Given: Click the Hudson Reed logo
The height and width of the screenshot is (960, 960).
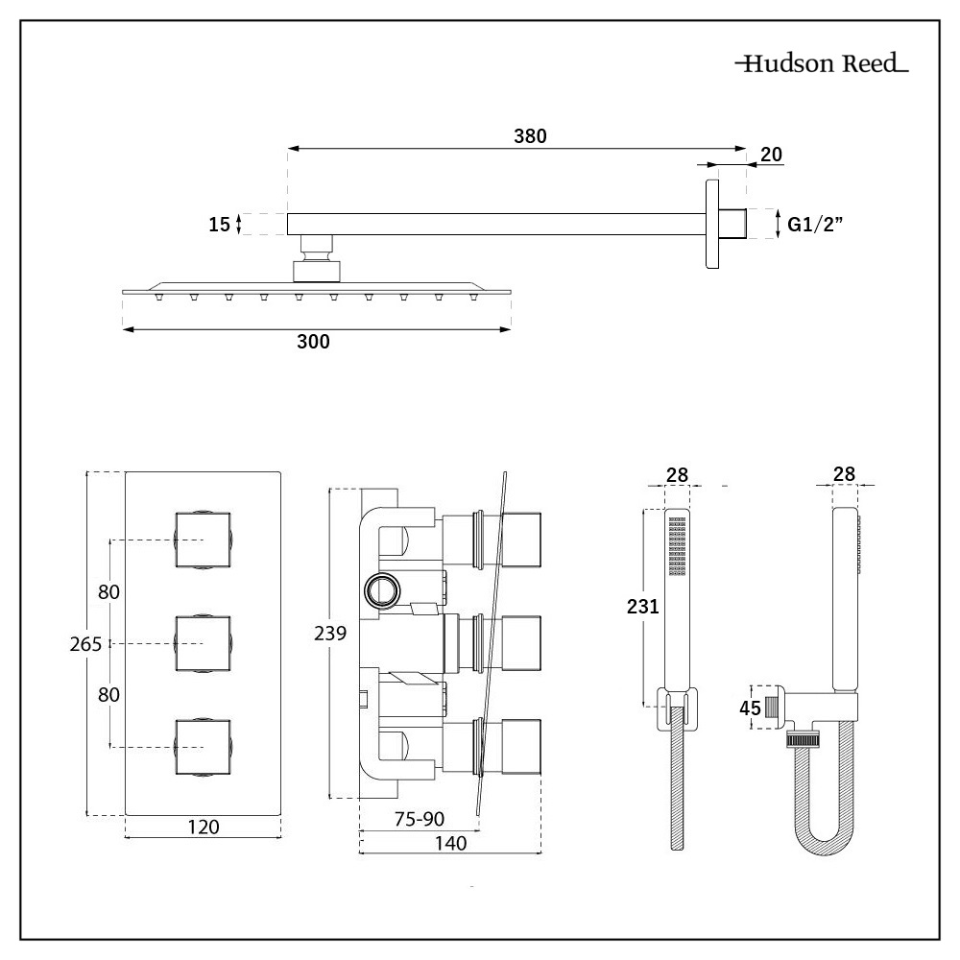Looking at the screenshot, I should pyautogui.click(x=822, y=66).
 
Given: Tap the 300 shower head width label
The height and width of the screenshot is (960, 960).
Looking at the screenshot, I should pyautogui.click(x=313, y=343).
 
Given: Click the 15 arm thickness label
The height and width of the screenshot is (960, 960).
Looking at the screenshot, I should pyautogui.click(x=220, y=225).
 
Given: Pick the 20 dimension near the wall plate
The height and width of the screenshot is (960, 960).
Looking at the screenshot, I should pyautogui.click(x=770, y=154).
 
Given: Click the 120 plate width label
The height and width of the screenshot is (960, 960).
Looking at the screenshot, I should pyautogui.click(x=203, y=827).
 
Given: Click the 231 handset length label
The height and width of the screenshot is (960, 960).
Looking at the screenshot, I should pyautogui.click(x=642, y=606).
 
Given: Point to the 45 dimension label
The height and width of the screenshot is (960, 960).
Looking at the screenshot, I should pyautogui.click(x=751, y=708).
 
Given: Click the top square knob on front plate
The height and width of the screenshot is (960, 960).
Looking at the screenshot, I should pyautogui.click(x=204, y=540).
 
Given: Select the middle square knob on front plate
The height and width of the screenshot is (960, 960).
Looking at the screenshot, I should pyautogui.click(x=204, y=643).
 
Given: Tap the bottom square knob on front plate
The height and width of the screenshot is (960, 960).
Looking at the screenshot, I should pyautogui.click(x=204, y=746).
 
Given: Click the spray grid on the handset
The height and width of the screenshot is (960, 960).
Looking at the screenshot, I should pyautogui.click(x=678, y=547).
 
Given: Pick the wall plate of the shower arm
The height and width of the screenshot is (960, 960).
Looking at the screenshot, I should pyautogui.click(x=712, y=224).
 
